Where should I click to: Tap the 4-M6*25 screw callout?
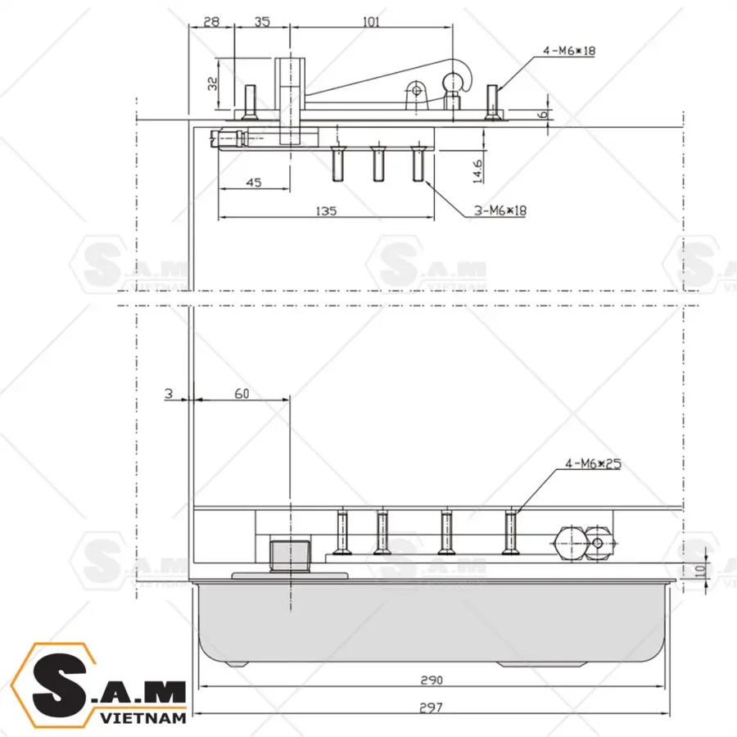594,463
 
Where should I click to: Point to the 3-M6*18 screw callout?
500,210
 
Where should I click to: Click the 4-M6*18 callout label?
568,51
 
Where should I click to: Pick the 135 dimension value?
325,210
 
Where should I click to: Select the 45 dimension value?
253,183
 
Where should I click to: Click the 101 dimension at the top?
370,22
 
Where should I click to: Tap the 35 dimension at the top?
262,22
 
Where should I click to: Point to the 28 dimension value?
211,22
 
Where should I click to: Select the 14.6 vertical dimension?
477,170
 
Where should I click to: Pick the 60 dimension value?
241,394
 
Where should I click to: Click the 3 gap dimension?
168,394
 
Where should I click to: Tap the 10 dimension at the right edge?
700,568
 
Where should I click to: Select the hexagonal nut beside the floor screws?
570,542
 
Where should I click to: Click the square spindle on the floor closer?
290,554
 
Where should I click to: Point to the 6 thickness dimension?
542,115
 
